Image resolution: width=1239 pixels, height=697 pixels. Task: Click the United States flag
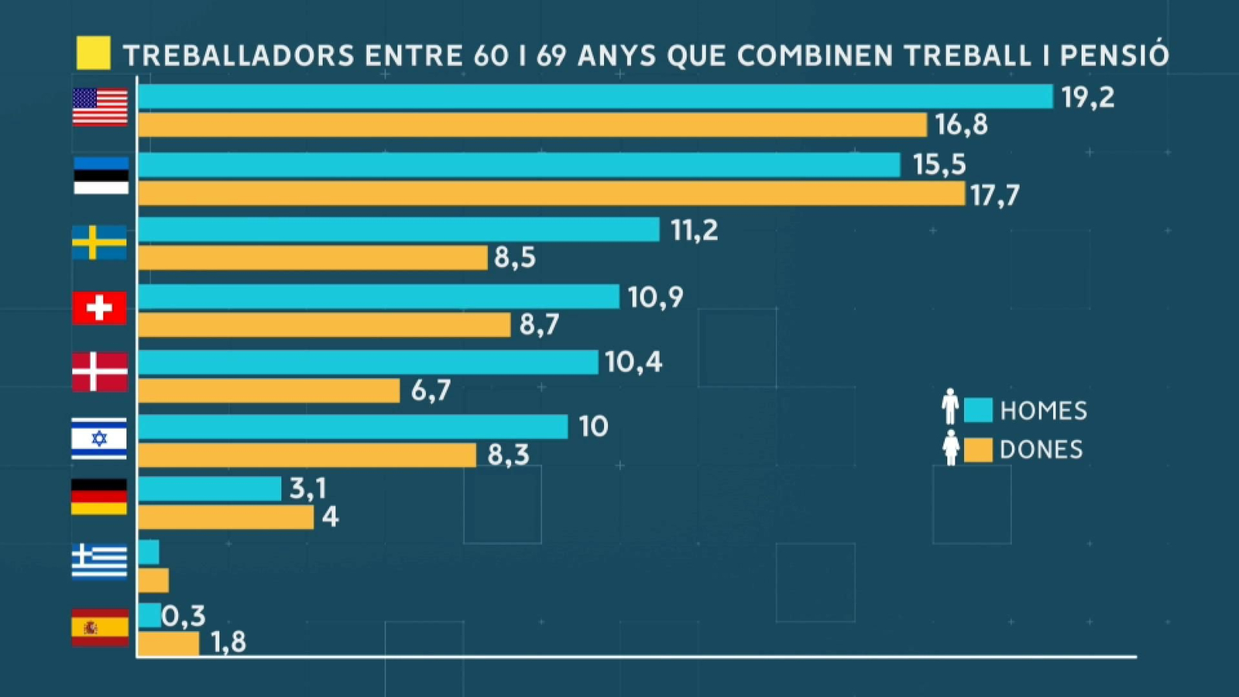pos(100,107)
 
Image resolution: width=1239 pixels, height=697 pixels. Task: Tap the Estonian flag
pos(101,176)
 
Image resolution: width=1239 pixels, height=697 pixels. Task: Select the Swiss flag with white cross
pos(99,308)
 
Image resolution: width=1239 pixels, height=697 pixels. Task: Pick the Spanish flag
pos(100,627)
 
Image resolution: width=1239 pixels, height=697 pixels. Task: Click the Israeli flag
pos(99,438)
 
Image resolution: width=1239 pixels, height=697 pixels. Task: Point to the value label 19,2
pos(1087,98)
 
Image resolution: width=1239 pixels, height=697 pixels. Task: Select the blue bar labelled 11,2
pos(399,229)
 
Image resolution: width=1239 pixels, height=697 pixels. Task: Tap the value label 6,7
pos(431,390)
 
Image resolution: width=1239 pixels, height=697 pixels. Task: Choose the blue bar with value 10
pos(353,427)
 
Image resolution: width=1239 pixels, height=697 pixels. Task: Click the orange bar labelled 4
pos(225,517)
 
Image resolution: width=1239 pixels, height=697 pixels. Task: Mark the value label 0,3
pos(184,616)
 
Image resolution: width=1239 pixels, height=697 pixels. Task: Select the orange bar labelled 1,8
pos(168,644)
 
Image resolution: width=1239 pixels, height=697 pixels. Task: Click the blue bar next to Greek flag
pos(149,552)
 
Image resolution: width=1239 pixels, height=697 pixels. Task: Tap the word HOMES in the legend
pos(1043,410)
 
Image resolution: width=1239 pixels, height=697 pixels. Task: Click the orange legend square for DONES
pos(978,450)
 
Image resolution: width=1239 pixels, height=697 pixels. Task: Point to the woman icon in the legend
pos(950,448)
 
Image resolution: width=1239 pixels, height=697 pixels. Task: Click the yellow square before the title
pos(93,53)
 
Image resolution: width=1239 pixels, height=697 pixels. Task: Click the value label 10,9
pos(655,297)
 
